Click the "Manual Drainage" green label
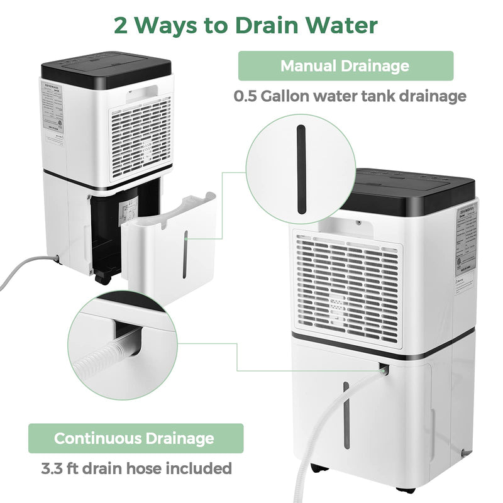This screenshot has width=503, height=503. click(345, 65)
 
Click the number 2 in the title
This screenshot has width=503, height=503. click(124, 25)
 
